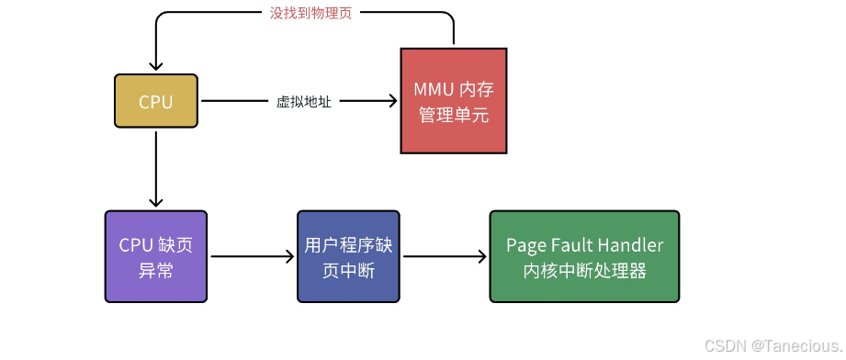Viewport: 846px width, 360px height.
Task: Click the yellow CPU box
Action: click(x=155, y=101)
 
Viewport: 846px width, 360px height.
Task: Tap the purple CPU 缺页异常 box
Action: click(x=156, y=257)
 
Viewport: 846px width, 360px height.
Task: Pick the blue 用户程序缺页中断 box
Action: click(x=348, y=257)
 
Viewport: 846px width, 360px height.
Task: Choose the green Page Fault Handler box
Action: click(x=584, y=257)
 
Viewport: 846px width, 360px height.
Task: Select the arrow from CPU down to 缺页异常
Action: click(x=156, y=170)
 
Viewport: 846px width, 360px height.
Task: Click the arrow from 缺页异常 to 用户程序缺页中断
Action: click(x=252, y=257)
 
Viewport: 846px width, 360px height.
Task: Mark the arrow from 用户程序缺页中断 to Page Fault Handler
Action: click(x=445, y=257)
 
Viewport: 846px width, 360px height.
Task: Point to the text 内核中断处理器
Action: click(x=584, y=271)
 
